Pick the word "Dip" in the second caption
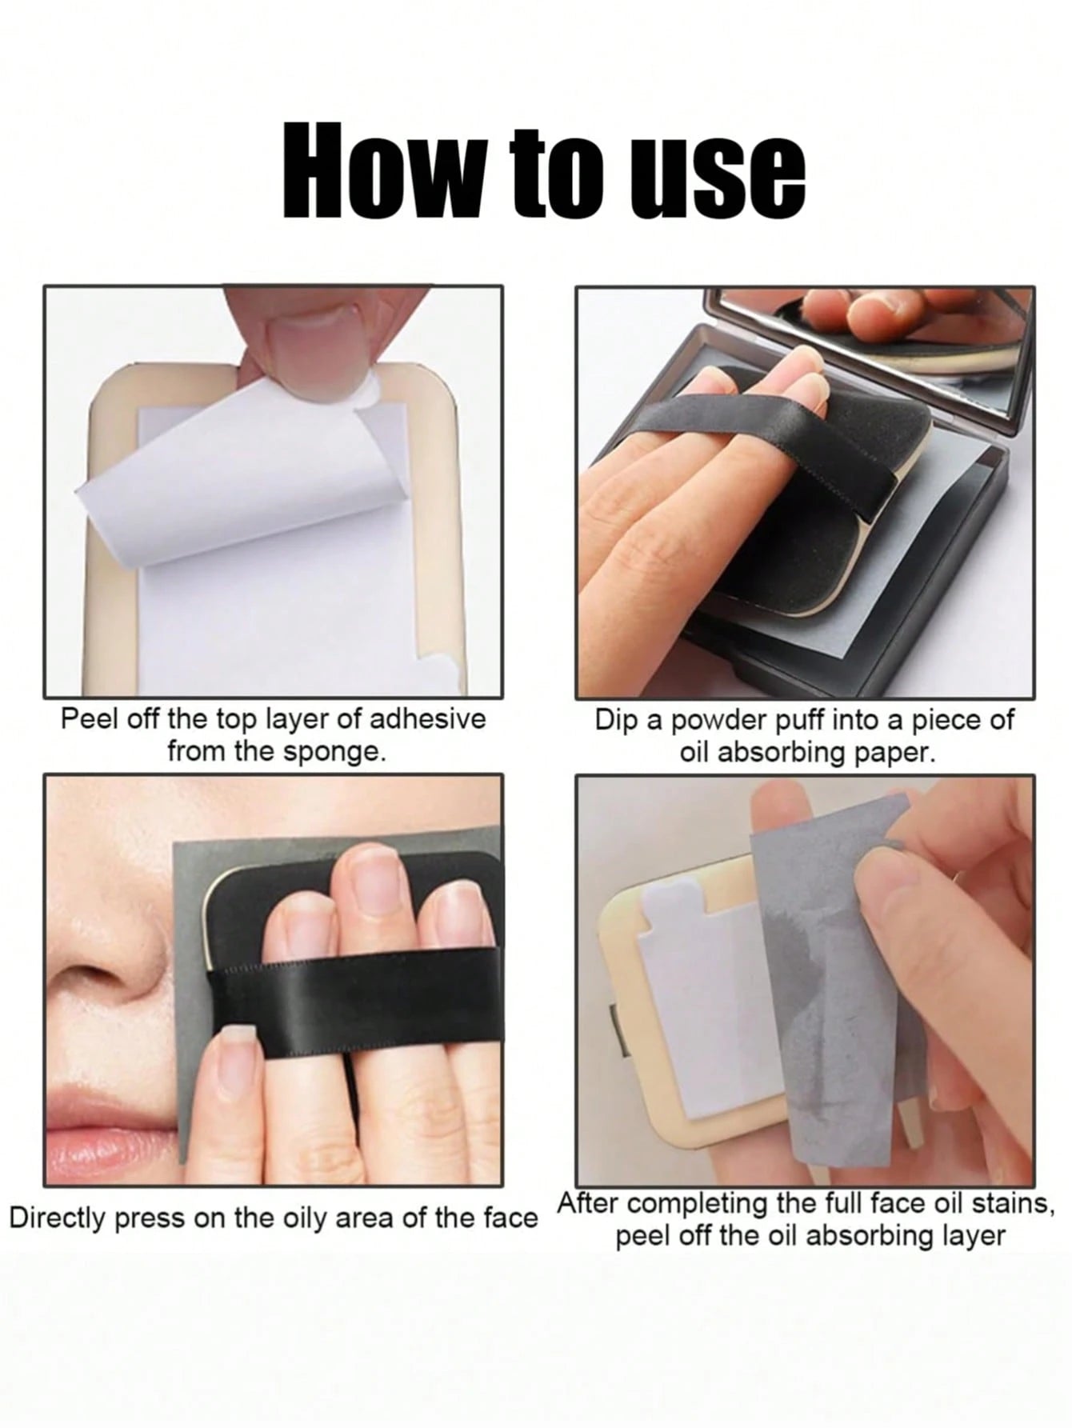tap(617, 721)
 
